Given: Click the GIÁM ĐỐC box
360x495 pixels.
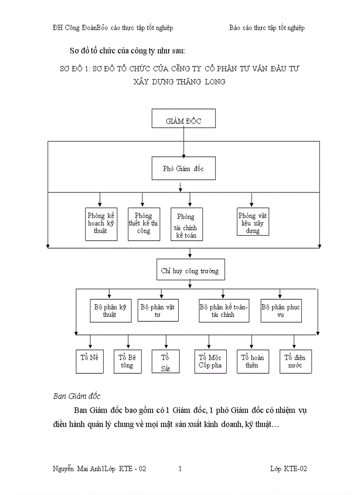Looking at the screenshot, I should tap(184, 119).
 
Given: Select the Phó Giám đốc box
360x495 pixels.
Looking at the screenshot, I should tap(184, 168).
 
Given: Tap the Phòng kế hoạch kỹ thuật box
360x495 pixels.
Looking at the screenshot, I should tap(101, 224).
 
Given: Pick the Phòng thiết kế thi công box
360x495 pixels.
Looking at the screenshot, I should tap(144, 224).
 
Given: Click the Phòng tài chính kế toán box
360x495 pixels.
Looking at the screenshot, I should tap(187, 224).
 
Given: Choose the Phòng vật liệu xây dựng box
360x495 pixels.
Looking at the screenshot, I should tap(253, 222).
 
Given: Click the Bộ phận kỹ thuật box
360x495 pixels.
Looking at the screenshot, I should tap(110, 310).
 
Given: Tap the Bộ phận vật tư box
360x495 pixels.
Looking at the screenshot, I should tap(158, 310).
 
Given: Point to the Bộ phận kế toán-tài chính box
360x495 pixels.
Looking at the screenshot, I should tap(224, 310).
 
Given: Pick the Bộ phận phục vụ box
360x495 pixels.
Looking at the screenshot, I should tap(281, 310).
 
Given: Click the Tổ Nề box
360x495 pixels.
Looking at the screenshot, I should tap(90, 361).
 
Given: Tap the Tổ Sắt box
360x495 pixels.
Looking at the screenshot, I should tap(166, 361).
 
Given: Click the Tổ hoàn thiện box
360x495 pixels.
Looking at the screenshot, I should tap(253, 361).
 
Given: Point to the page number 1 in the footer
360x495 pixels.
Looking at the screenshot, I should tap(180, 469).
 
